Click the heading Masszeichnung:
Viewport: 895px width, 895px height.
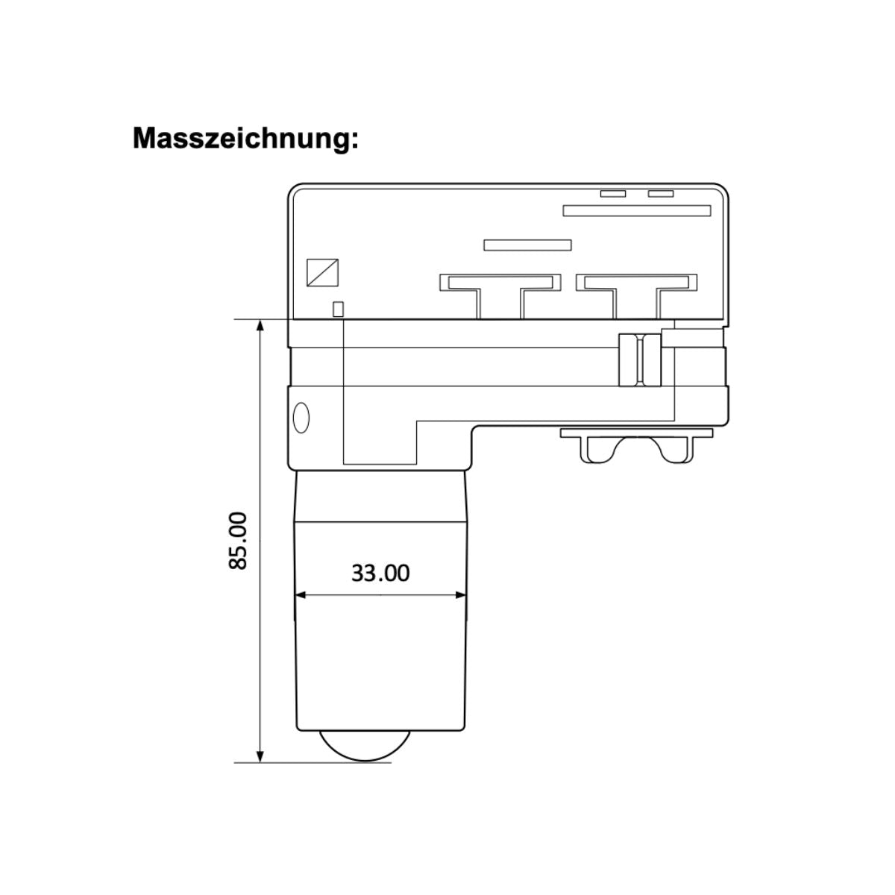point(245,139)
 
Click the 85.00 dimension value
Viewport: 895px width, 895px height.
point(238,541)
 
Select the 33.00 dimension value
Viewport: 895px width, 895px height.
point(380,573)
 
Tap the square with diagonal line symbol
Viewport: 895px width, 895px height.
point(323,272)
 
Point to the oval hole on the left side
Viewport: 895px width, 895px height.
point(302,416)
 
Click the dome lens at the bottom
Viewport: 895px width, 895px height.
point(365,747)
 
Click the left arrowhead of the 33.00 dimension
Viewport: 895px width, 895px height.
point(301,595)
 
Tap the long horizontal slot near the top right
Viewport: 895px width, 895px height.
point(637,211)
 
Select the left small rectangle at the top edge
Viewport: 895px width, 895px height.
point(613,194)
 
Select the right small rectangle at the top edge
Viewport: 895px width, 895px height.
point(661,194)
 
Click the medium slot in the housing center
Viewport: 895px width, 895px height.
point(527,245)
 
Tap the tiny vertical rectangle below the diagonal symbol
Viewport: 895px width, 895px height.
point(338,310)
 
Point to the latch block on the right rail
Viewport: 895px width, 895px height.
point(639,360)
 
